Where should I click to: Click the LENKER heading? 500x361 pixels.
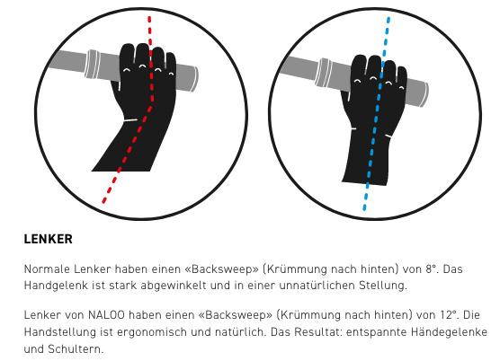click(x=49, y=239)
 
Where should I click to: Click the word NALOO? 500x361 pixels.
click(x=106, y=315)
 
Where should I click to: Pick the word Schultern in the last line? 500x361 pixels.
click(x=76, y=349)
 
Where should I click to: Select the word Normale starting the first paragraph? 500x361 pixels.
click(x=47, y=269)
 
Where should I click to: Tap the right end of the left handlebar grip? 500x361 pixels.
click(x=195, y=79)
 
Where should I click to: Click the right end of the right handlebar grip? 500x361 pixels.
click(x=425, y=94)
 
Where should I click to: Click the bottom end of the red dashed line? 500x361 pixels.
click(x=103, y=201)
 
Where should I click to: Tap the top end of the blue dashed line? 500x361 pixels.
click(x=388, y=18)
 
